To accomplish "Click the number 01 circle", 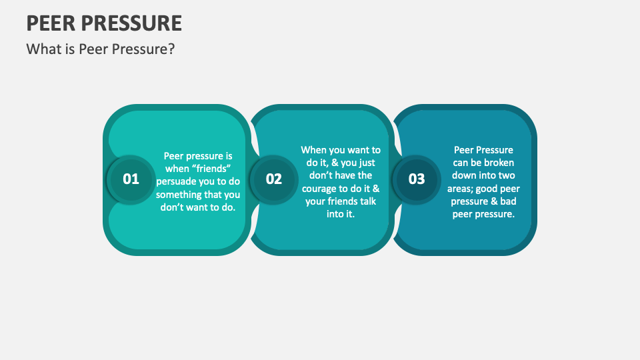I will pyautogui.click(x=131, y=179).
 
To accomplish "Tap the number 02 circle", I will pyautogui.click(x=274, y=179).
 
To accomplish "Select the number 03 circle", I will pyautogui.click(x=416, y=179).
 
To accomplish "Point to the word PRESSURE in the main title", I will pyautogui.click(x=132, y=23).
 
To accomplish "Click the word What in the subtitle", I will pyautogui.click(x=43, y=49).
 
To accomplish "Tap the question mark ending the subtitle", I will pyautogui.click(x=171, y=49).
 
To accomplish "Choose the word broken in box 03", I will pyautogui.click(x=499, y=163).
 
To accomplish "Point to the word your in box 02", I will pyautogui.click(x=317, y=201).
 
